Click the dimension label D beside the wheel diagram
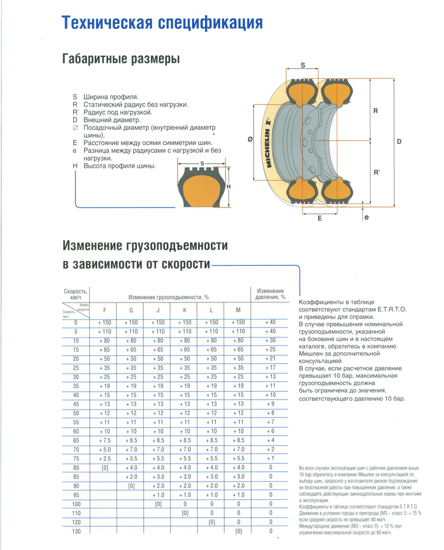click(x=399, y=142)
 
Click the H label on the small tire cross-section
click(x=228, y=187)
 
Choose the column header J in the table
click(x=158, y=310)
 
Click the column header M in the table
click(x=238, y=310)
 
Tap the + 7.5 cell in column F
click(x=104, y=440)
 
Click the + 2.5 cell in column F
click(x=104, y=458)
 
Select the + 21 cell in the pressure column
click(x=270, y=358)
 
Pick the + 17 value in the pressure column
click(x=270, y=367)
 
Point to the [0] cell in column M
click(x=238, y=532)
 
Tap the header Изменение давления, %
click(x=270, y=294)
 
